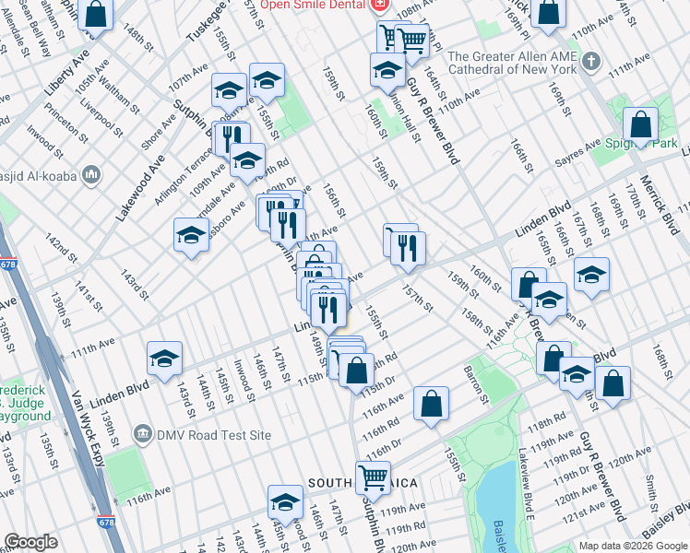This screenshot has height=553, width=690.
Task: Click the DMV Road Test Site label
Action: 211,432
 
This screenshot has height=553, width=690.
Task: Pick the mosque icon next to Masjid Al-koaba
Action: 91,173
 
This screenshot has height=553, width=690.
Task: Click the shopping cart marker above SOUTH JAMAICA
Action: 373,477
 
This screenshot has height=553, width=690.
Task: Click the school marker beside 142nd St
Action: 191,235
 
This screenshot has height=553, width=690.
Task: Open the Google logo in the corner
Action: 32,542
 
